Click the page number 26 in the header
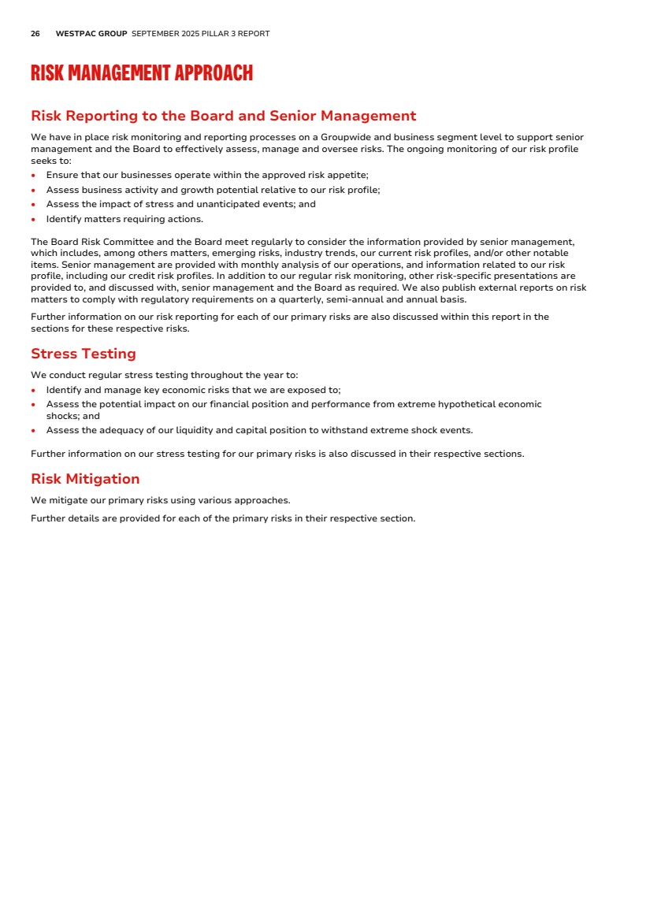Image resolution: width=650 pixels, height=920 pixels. click(x=35, y=34)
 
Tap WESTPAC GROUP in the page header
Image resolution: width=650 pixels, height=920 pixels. click(x=91, y=34)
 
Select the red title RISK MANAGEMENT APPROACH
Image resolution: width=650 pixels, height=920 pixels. click(x=142, y=74)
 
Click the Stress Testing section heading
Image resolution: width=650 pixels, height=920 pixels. click(x=84, y=354)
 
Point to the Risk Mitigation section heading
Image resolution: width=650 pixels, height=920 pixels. click(x=85, y=479)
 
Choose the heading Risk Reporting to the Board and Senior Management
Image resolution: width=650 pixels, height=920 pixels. click(x=223, y=116)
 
